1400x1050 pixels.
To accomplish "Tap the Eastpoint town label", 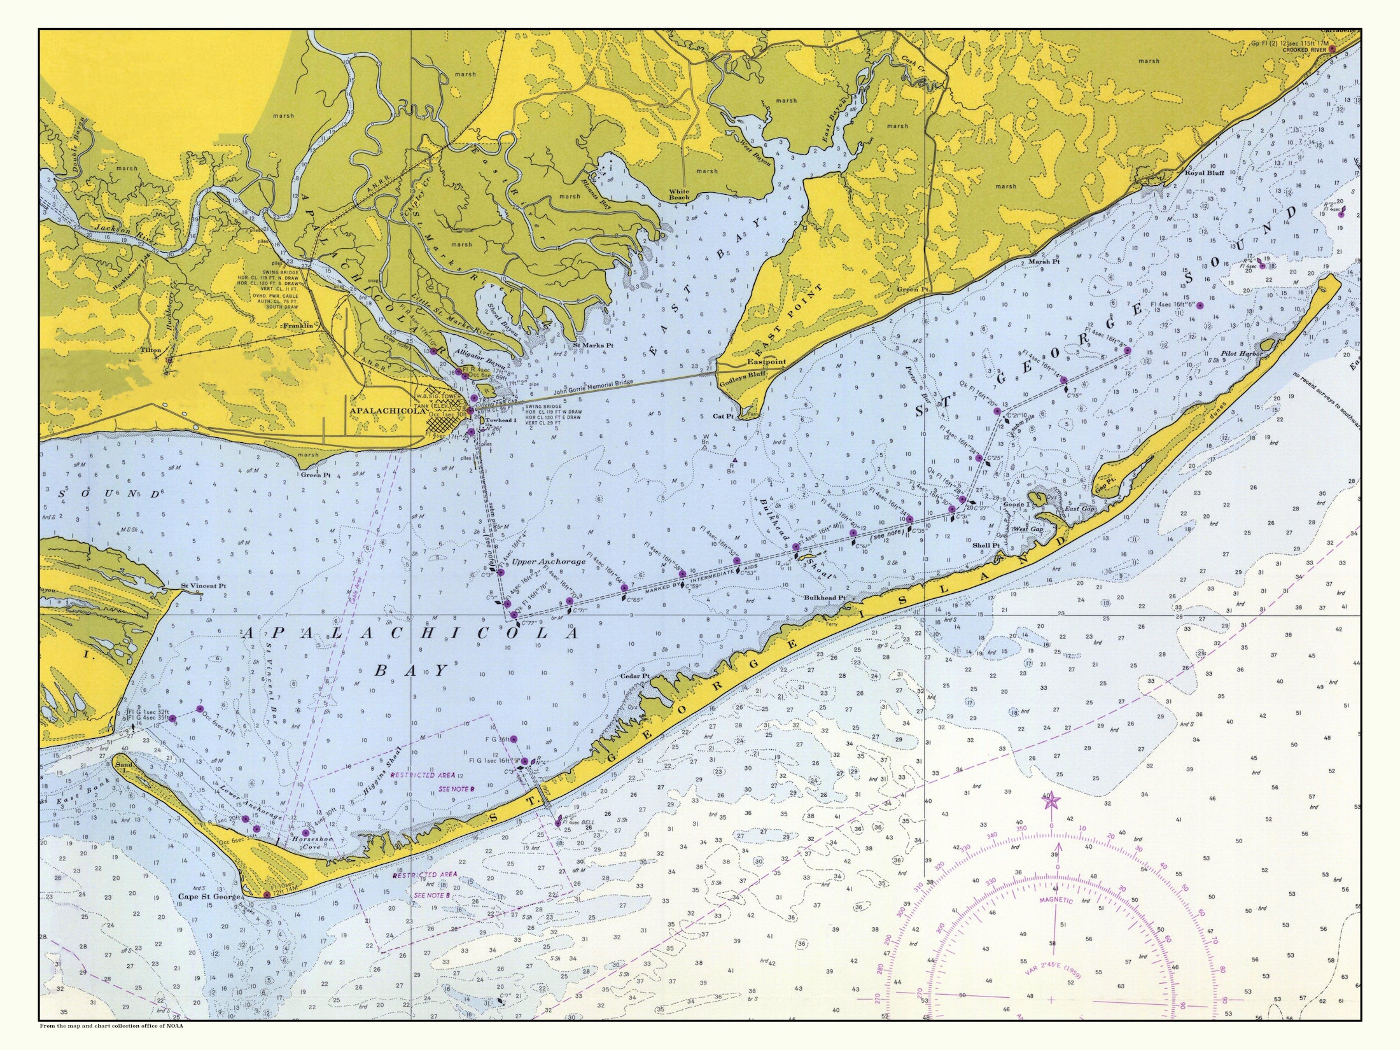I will (x=766, y=361).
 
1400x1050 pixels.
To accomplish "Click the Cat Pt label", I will (x=724, y=416).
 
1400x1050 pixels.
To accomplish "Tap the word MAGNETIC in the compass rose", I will (x=1056, y=900).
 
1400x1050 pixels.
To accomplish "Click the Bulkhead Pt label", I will (x=824, y=598).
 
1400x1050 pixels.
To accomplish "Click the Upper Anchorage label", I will (x=549, y=562).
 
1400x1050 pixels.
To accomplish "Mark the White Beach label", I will (x=679, y=194).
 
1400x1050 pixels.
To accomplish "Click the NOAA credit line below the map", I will (x=111, y=1043).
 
